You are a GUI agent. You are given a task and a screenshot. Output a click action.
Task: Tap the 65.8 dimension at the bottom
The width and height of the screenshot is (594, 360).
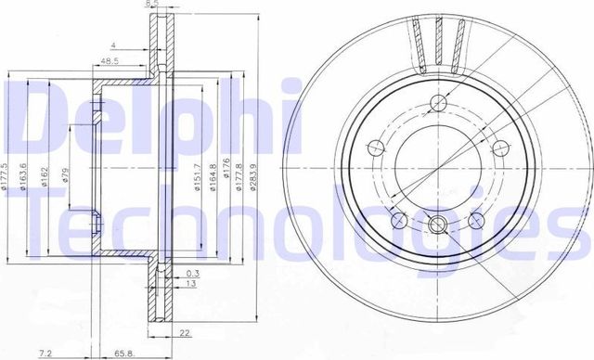point(123,354)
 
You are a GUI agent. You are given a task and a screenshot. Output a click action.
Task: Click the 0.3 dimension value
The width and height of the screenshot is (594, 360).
point(191,273)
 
